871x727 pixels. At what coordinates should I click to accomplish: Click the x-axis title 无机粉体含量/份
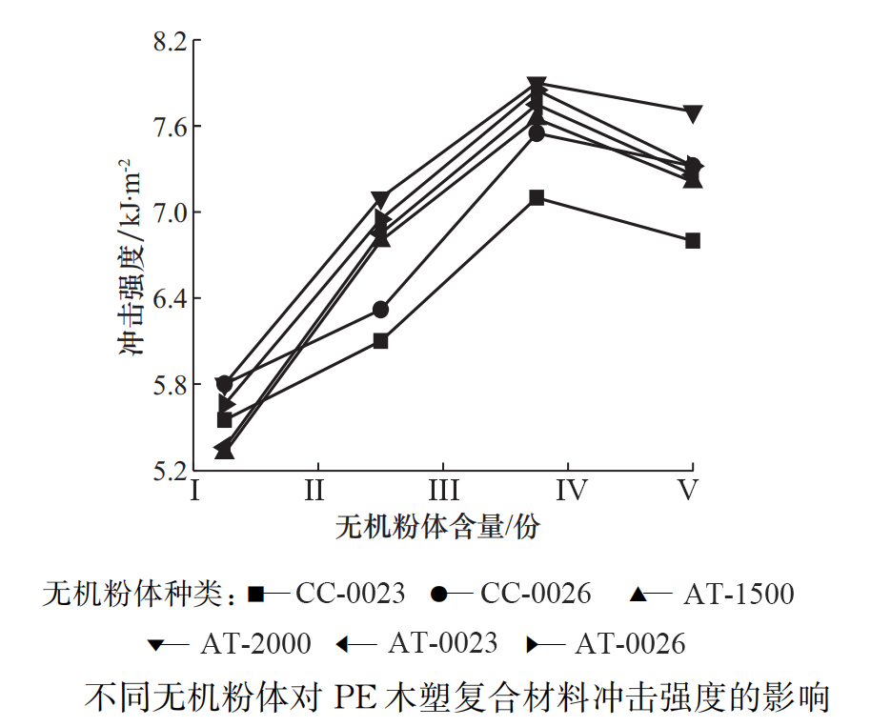435,527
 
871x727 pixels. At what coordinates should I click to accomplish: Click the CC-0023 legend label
350,595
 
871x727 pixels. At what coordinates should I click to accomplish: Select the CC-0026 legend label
536,595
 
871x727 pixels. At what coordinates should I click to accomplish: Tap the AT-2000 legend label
255,644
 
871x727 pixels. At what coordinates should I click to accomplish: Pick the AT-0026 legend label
629,644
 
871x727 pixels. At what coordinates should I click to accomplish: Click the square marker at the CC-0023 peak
537,197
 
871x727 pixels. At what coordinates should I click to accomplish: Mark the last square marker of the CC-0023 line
693,240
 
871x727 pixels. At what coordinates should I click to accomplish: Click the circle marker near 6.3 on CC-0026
380,310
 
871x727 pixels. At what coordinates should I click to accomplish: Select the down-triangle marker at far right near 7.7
693,113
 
